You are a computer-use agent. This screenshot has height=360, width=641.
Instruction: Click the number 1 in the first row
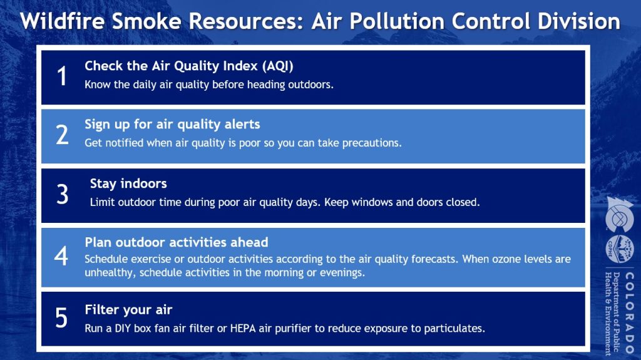click(62, 76)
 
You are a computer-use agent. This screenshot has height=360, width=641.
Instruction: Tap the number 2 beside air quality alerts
click(62, 135)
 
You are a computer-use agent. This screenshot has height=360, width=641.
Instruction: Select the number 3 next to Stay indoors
click(62, 194)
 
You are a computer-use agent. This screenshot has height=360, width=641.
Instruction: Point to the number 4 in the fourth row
click(61, 256)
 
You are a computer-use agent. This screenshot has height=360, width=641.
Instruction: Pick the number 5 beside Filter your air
click(61, 318)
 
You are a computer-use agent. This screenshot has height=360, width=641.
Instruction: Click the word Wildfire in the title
click(62, 21)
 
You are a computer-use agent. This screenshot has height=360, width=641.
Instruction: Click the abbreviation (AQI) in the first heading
click(278, 66)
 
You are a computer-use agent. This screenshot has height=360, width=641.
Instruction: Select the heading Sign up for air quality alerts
click(172, 125)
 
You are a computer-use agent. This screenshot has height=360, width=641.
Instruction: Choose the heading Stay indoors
click(128, 183)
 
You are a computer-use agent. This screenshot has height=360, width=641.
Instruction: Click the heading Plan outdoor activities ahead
click(177, 242)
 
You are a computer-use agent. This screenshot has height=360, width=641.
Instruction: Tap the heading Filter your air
click(128, 310)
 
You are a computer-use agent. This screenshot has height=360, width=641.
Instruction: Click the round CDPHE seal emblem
click(619, 249)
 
